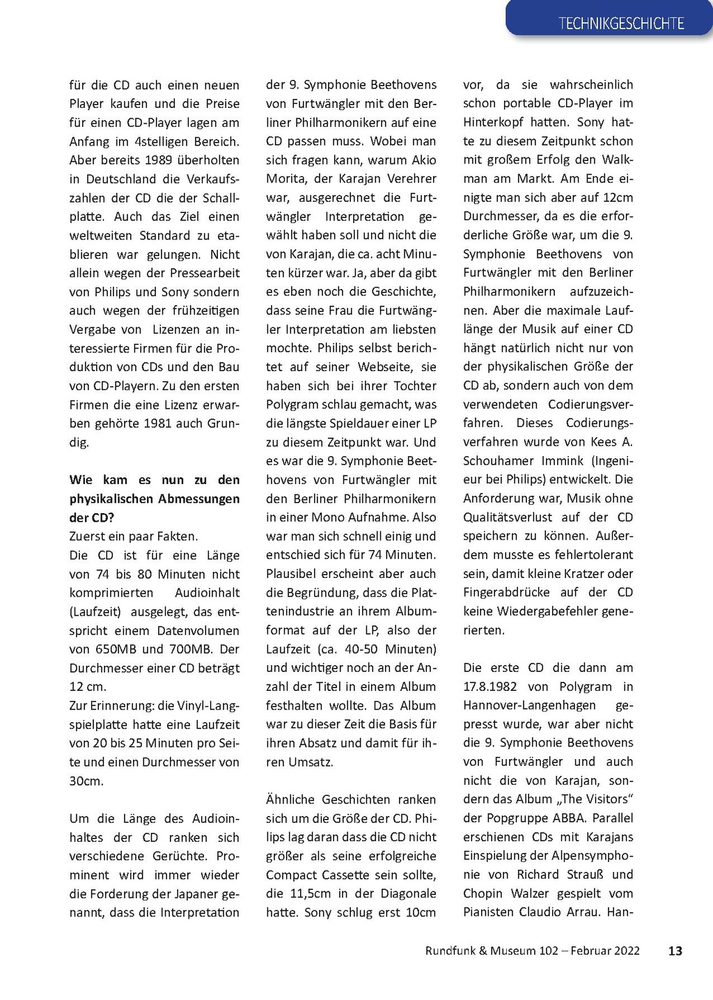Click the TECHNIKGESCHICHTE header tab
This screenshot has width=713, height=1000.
(x=620, y=23)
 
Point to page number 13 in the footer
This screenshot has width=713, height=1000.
(x=675, y=951)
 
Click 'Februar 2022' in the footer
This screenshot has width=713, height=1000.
(x=605, y=951)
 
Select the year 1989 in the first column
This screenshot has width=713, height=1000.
(x=159, y=160)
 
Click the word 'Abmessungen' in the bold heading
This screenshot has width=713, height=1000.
(x=195, y=499)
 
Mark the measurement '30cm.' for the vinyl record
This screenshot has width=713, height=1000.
(x=86, y=781)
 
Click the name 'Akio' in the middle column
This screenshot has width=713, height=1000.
(x=423, y=160)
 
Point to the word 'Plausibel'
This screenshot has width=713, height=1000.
(x=292, y=574)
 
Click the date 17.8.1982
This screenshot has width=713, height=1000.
(x=490, y=687)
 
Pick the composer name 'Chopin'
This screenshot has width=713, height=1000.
(x=483, y=893)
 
